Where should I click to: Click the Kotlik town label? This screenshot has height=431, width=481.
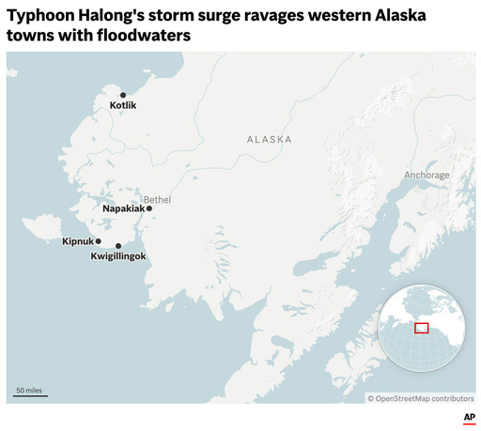123,106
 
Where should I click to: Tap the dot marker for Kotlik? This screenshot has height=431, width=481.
122,95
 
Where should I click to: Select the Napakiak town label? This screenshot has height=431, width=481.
123,208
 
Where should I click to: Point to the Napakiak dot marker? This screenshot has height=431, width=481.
149,208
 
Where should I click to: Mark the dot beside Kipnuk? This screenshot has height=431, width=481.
99,241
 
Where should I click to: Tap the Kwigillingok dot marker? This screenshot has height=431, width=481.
118,246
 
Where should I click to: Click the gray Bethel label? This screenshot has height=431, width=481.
158,199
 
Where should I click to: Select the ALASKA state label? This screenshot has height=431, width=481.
269,139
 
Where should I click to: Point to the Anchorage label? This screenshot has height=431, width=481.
427,176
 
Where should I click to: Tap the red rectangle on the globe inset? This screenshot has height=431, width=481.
422,328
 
